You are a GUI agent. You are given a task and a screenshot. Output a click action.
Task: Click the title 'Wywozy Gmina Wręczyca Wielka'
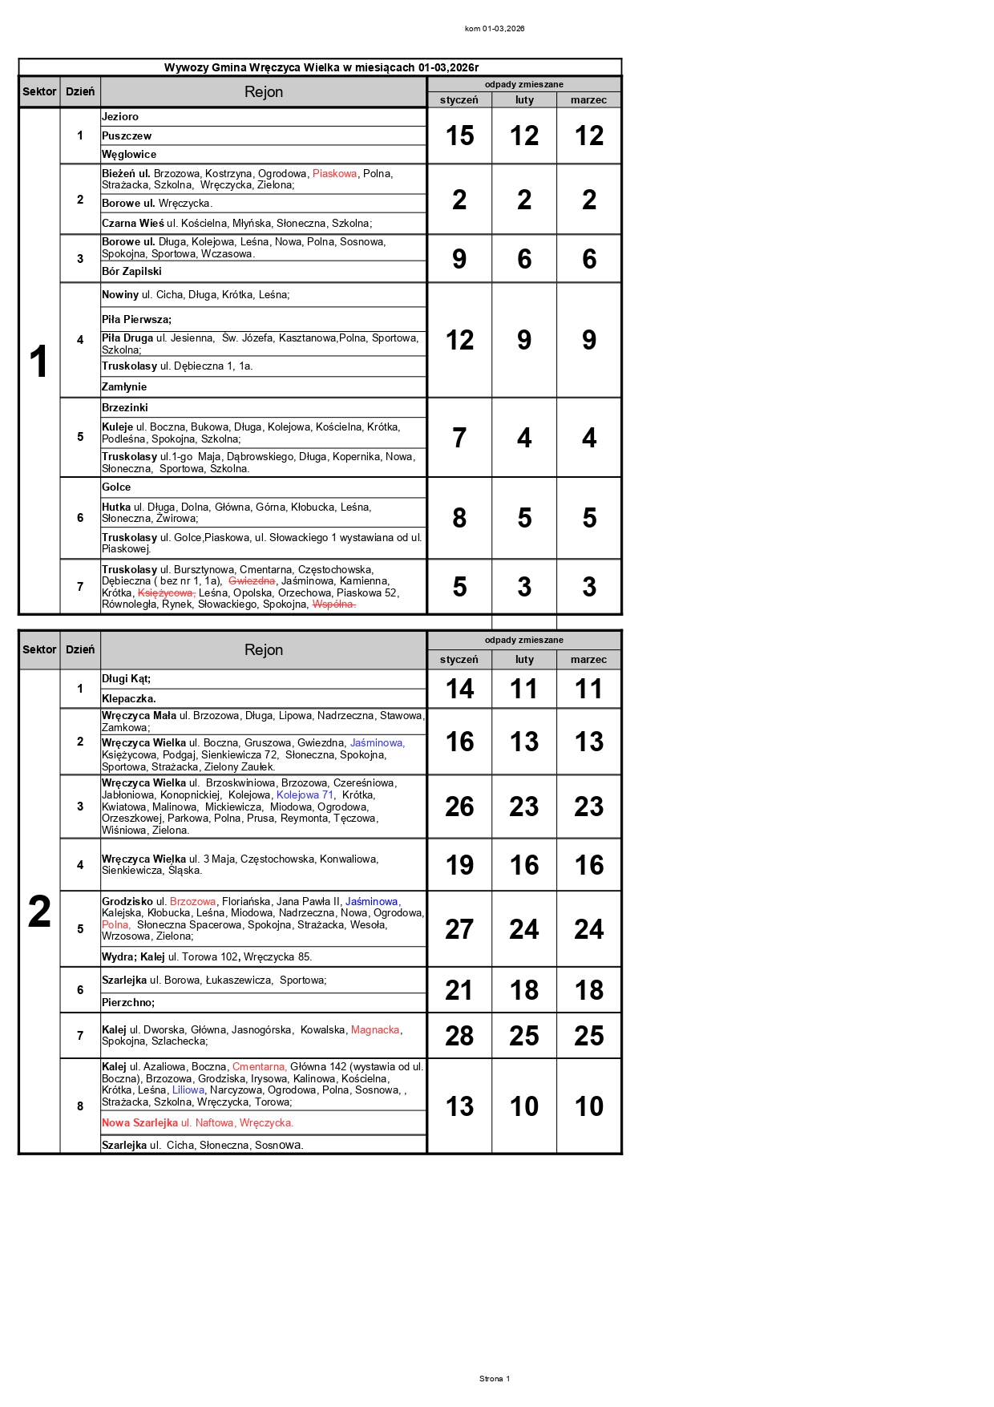tap(321, 67)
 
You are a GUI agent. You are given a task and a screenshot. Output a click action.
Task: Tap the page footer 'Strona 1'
tap(494, 1379)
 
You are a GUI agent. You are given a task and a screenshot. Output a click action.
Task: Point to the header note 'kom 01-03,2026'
tap(495, 29)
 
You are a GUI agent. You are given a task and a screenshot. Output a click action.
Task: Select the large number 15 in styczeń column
tap(459, 135)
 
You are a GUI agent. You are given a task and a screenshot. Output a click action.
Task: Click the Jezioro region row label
tap(120, 117)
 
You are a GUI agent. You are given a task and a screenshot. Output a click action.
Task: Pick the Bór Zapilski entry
tap(131, 272)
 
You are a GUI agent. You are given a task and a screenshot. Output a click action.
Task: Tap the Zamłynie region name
tap(124, 387)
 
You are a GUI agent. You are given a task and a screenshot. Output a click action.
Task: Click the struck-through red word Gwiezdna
tap(252, 581)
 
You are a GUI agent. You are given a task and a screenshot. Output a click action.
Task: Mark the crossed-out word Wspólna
tap(333, 604)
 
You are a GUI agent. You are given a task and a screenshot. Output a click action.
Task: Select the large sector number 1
tap(38, 362)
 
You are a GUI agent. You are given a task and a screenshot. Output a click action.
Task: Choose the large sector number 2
tap(39, 912)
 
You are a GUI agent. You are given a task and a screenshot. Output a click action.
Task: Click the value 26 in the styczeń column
tap(459, 807)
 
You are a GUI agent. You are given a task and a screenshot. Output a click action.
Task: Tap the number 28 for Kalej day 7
tap(459, 1036)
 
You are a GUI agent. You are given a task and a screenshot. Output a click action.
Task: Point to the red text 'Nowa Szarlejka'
tap(139, 1123)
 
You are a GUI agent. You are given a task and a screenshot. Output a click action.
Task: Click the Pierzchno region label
tap(128, 1003)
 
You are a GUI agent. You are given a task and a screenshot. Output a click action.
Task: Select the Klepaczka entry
tap(128, 699)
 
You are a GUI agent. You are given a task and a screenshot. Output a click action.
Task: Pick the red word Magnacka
tap(375, 1030)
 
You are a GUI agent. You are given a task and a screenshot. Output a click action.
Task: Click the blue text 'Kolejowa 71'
tap(305, 795)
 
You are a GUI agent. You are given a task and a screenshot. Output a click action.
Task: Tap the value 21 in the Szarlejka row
tap(459, 990)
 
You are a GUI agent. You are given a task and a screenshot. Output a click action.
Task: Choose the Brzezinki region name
tap(125, 408)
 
